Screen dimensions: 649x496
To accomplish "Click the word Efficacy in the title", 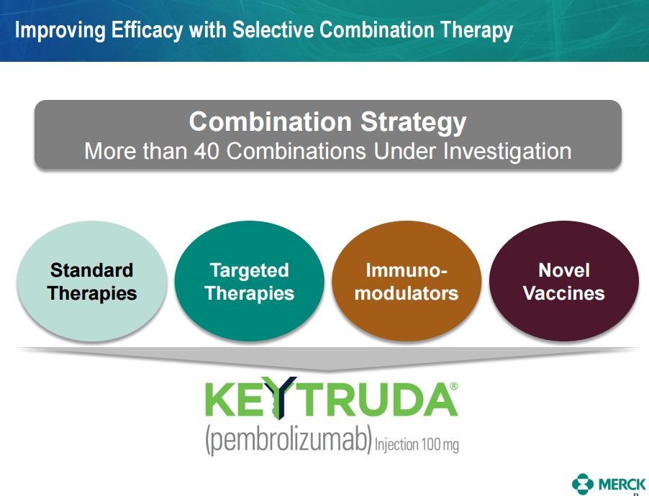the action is pos(147,31).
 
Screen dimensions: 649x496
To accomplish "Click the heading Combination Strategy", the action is pos(327,121).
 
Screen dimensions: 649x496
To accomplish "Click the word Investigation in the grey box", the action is pos(507,152).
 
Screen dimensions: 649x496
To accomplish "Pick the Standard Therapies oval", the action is pos(92,281).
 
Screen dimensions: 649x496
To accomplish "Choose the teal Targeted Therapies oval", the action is pos(249,281).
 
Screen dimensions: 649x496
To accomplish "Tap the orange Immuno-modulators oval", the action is pos(407,281).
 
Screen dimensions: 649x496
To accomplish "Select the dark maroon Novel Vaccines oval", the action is pos(563,281).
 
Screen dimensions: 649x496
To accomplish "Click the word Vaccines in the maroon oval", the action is pos(563,293).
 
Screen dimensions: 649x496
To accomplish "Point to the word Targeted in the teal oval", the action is pos(249,270).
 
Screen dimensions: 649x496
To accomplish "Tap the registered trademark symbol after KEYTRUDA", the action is pos(453,386).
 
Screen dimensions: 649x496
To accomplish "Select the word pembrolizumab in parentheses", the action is pos(288,441).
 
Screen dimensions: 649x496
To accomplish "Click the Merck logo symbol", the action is pos(582,484).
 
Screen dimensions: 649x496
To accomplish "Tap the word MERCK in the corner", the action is pos(622,484).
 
